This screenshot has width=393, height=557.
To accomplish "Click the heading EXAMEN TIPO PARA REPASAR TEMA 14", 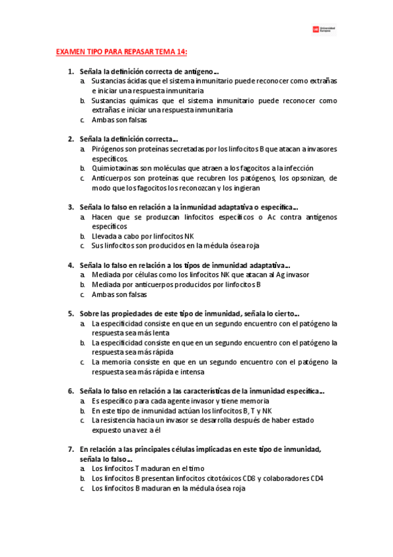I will (122, 52).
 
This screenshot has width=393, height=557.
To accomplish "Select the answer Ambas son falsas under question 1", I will (119, 120).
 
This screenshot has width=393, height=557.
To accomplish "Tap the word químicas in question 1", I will (136, 100).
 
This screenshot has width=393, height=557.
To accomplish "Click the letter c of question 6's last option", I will (82, 420).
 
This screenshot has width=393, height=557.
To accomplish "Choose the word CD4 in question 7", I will (315, 478).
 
